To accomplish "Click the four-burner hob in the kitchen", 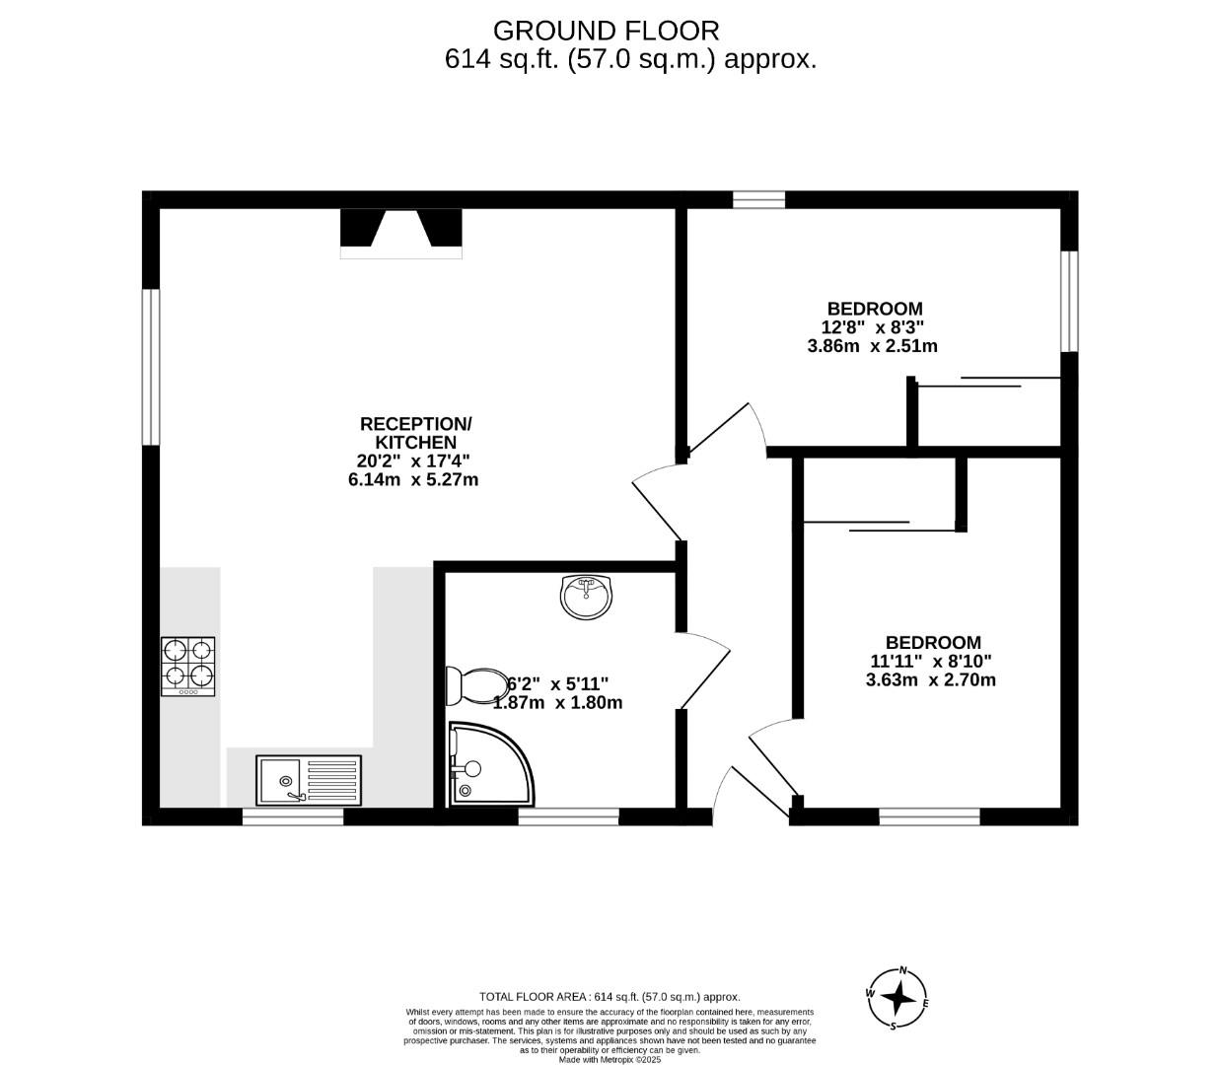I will pyautogui.click(x=188, y=666).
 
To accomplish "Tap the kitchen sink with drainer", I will pyautogui.click(x=309, y=780).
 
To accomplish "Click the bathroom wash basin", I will pyautogui.click(x=586, y=596).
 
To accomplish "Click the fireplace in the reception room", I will pyautogui.click(x=401, y=233).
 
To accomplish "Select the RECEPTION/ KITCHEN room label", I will pyautogui.click(x=416, y=433).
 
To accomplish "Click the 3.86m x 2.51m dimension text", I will pyautogui.click(x=872, y=346).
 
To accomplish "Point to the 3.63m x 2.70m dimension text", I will pyautogui.click(x=930, y=679).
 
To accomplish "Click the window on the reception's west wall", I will pyautogui.click(x=150, y=367).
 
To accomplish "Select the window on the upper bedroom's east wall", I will pyautogui.click(x=1069, y=301).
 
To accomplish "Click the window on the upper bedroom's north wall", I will pyautogui.click(x=758, y=200).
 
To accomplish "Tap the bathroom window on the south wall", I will pyautogui.click(x=568, y=816).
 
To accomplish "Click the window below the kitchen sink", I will pyautogui.click(x=293, y=816).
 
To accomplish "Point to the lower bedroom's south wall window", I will pyautogui.click(x=929, y=816).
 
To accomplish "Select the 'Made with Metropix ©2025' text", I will pyautogui.click(x=610, y=1060).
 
